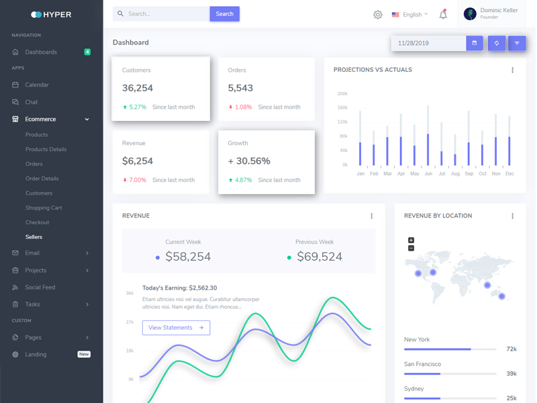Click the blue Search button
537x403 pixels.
pyautogui.click(x=224, y=14)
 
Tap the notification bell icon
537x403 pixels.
pyautogui.click(x=443, y=14)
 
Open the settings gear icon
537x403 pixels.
pyautogui.click(x=378, y=14)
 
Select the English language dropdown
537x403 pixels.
pyautogui.click(x=410, y=14)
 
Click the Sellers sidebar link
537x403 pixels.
pyautogui.click(x=34, y=237)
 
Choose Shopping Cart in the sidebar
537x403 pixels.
pyautogui.click(x=44, y=208)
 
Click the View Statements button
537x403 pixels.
pyautogui.click(x=176, y=328)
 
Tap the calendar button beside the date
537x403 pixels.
pyautogui.click(x=475, y=43)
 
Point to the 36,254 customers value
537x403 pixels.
pyautogui.click(x=138, y=88)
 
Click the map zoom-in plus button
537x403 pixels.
pyautogui.click(x=411, y=240)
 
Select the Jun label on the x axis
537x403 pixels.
pyautogui.click(x=428, y=174)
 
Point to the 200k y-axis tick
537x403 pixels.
pyautogui.click(x=342, y=94)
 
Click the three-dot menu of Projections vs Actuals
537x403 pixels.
pyautogui.click(x=512, y=70)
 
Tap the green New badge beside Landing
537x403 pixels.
pyautogui.click(x=84, y=354)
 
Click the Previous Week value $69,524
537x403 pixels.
pyautogui.click(x=320, y=257)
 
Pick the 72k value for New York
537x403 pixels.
pyautogui.click(x=511, y=349)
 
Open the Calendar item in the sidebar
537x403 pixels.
pyautogui.click(x=37, y=85)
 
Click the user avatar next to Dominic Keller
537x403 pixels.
pyautogui.click(x=470, y=14)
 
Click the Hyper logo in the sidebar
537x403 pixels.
pyautogui.click(x=51, y=14)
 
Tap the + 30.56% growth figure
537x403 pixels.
pyautogui.click(x=249, y=161)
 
